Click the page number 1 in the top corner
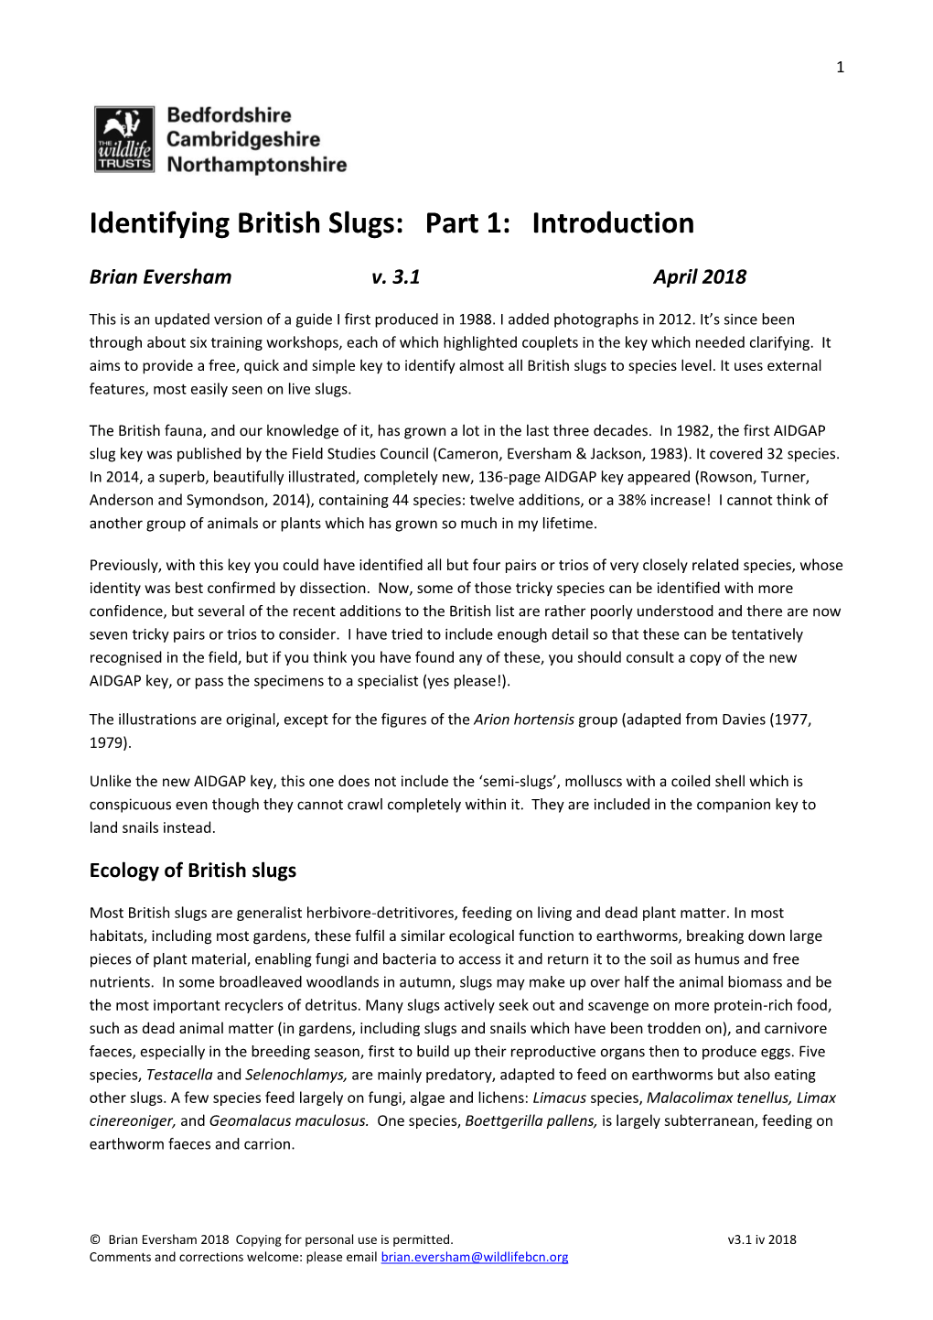tap(840, 67)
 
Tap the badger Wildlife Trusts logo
tap(123, 139)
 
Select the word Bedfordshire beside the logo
tap(229, 115)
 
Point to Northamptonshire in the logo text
tap(257, 165)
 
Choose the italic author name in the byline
tap(160, 277)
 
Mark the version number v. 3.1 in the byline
tap(395, 277)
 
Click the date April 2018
tap(699, 277)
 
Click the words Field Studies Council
tap(360, 453)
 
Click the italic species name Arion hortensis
tap(523, 720)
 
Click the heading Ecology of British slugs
tap(193, 871)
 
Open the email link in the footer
tap(474, 1257)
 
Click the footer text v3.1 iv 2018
tap(761, 1239)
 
